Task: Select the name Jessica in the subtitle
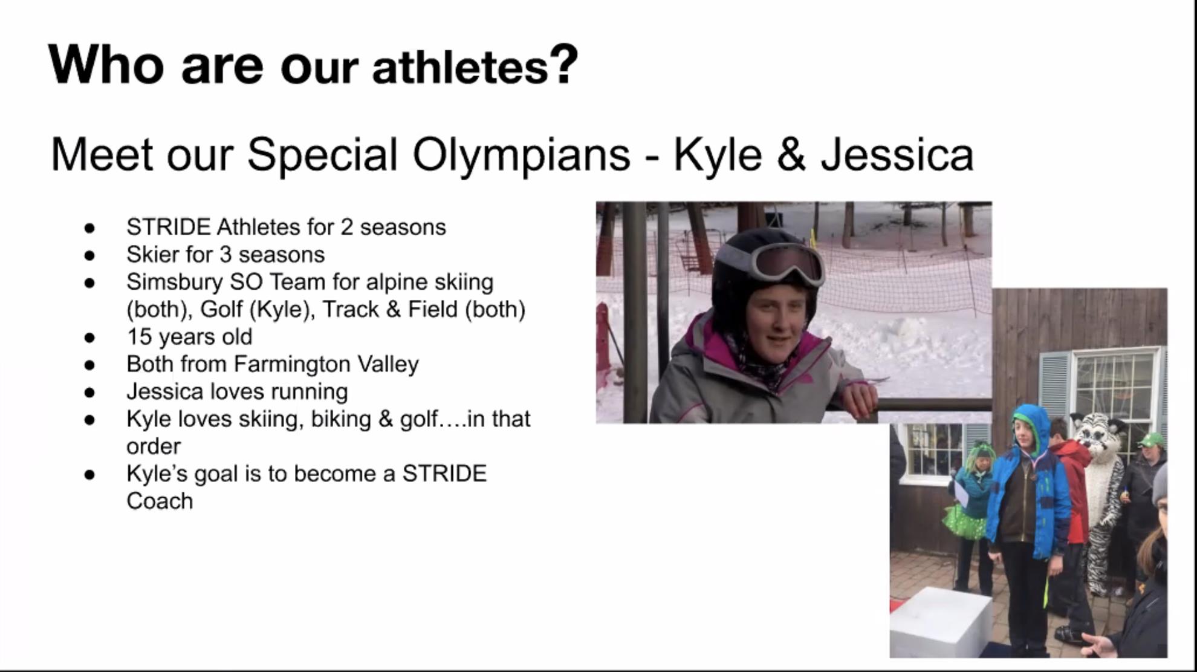[x=897, y=155]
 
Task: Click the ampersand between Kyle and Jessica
[x=791, y=155]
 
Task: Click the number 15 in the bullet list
[x=138, y=337]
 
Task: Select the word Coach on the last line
[x=160, y=501]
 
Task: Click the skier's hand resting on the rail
[x=858, y=401]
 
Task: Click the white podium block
[x=941, y=623]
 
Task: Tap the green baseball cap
[x=1152, y=440]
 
